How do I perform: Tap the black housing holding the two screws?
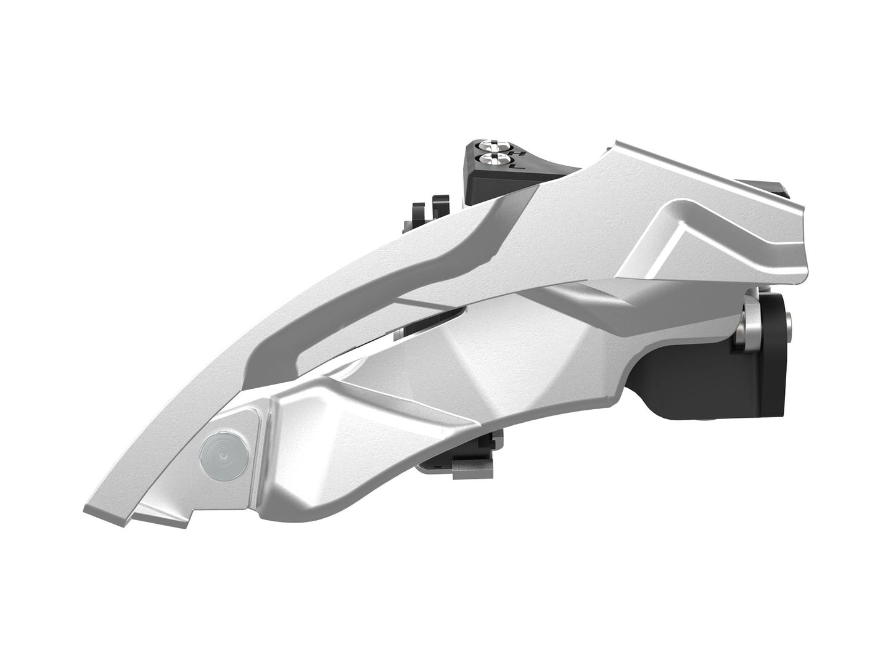point(487,176)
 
